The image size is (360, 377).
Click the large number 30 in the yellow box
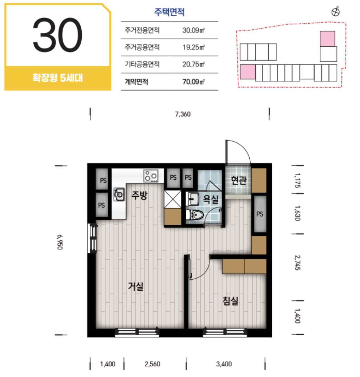pyautogui.click(x=57, y=35)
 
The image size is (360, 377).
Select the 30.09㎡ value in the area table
pyautogui.click(x=193, y=30)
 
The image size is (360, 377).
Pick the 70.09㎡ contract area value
pyautogui.click(x=193, y=82)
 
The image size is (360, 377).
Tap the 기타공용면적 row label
pyautogui.click(x=142, y=64)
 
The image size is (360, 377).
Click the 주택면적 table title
pyautogui.click(x=169, y=12)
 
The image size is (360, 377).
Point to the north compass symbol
pyautogui.click(x=335, y=12)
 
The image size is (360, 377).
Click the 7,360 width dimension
pyautogui.click(x=183, y=114)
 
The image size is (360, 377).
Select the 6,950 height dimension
pyautogui.click(x=60, y=242)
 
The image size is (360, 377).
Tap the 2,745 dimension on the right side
pyautogui.click(x=298, y=263)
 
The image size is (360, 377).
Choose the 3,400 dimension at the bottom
pyautogui.click(x=224, y=364)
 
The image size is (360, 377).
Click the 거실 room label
pyautogui.click(x=136, y=286)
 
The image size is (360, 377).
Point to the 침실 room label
pyautogui.click(x=230, y=301)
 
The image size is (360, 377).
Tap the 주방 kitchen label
pyautogui.click(x=139, y=195)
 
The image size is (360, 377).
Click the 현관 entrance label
pyautogui.click(x=239, y=180)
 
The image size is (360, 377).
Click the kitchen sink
pyautogui.click(x=119, y=194)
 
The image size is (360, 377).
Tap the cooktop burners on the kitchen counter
pyautogui.click(x=151, y=176)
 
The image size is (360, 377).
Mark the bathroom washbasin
pyautogui.click(x=192, y=199)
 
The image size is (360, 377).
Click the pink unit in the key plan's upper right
pyautogui.click(x=327, y=38)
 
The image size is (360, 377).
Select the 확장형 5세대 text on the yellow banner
pyautogui.click(x=57, y=78)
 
